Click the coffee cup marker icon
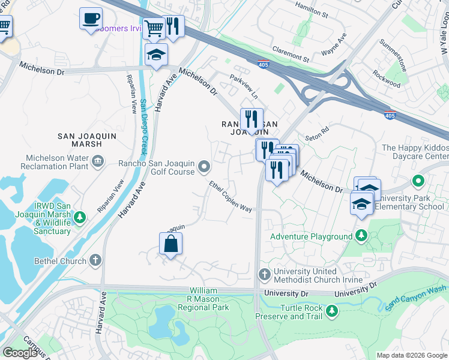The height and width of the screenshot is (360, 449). [91, 19]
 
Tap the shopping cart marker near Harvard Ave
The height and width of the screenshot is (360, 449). [154, 28]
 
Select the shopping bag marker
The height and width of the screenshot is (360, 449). [171, 244]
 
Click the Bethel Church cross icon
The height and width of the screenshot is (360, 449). [95, 261]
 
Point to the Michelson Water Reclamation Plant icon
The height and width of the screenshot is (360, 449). [98, 161]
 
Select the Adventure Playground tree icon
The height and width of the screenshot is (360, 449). [361, 236]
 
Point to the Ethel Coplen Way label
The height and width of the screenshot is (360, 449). [231, 196]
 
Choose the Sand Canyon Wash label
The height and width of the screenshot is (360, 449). [415, 298]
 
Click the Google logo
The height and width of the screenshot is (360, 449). [20, 352]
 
